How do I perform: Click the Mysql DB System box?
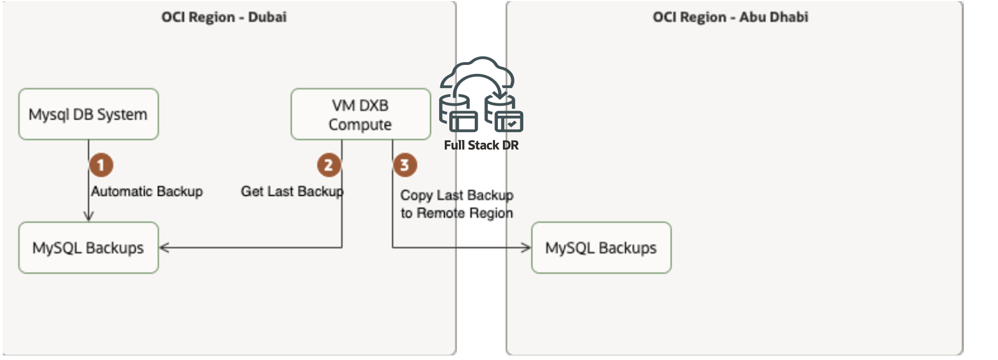coord(88,114)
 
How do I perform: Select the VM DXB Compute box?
coord(360,114)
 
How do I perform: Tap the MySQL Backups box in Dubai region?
coord(88,248)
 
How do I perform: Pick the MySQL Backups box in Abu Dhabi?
coord(601,248)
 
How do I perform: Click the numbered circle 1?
coord(101,165)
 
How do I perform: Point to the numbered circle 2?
coord(329,165)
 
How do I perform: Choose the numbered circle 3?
coord(405,165)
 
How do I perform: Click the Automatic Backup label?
coord(147,191)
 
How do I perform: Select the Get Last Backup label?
coord(292,191)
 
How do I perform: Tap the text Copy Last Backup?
coord(457,195)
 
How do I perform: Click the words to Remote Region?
coord(457,213)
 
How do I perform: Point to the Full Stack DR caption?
coord(481,146)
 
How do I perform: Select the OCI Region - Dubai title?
coord(224,17)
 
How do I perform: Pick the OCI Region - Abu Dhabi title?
coord(730,17)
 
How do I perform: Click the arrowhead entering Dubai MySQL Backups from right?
coord(164,247)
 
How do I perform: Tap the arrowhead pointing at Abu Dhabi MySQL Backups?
coord(526,247)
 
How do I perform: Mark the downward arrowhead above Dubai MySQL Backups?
coord(88,216)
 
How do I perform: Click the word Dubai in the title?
coord(267,17)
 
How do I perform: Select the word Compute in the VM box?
coord(360,125)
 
